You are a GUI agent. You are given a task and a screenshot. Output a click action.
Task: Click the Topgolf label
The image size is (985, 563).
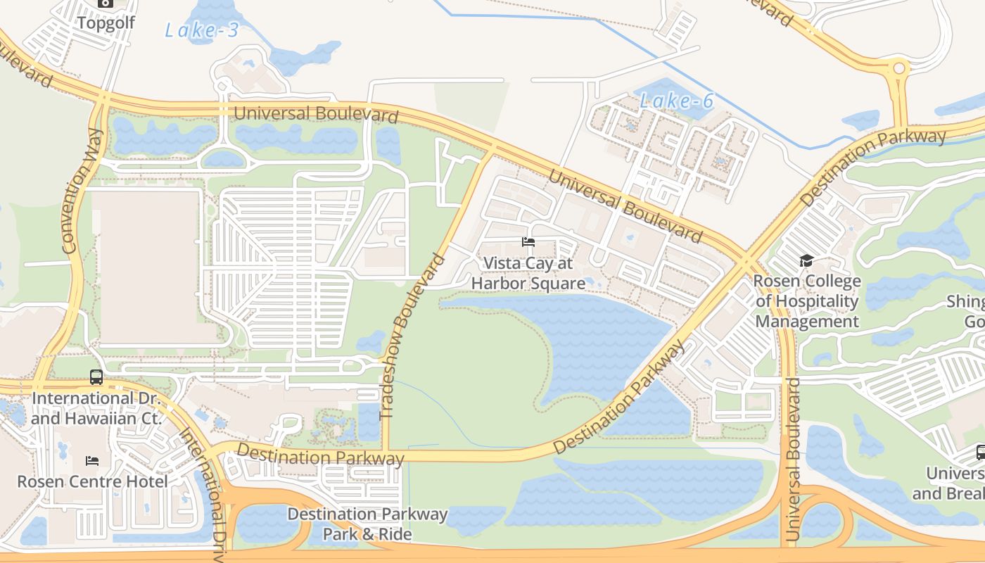(x=106, y=23)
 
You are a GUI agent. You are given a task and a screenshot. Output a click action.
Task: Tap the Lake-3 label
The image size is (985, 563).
(x=202, y=30)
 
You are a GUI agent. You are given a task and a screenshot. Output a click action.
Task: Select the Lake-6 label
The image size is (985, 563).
(x=676, y=101)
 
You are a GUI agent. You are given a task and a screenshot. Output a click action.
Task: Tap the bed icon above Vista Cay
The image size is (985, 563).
(x=528, y=242)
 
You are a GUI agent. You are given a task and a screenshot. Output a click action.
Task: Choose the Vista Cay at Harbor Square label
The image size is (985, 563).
(x=528, y=273)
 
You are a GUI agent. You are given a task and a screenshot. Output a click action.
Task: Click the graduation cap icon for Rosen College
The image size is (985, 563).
(x=806, y=261)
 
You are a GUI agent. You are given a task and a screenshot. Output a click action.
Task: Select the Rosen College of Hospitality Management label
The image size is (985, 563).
(x=807, y=301)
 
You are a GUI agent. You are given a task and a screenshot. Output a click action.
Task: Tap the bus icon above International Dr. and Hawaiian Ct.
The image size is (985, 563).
(x=96, y=377)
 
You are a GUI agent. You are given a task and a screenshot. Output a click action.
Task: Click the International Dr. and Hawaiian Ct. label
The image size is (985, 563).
(x=96, y=408)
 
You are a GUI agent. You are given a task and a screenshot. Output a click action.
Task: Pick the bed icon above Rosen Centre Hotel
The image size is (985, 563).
(x=92, y=461)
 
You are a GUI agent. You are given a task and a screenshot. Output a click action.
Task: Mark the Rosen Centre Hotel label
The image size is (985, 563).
(x=92, y=482)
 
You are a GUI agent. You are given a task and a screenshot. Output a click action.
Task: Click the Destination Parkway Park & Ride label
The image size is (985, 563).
(x=367, y=524)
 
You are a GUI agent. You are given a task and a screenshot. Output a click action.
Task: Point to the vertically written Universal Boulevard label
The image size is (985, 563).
(x=794, y=460)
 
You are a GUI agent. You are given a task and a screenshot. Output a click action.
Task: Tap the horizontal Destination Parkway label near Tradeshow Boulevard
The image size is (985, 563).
(x=320, y=455)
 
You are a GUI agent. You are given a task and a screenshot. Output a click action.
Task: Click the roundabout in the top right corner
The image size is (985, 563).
(x=898, y=69)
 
